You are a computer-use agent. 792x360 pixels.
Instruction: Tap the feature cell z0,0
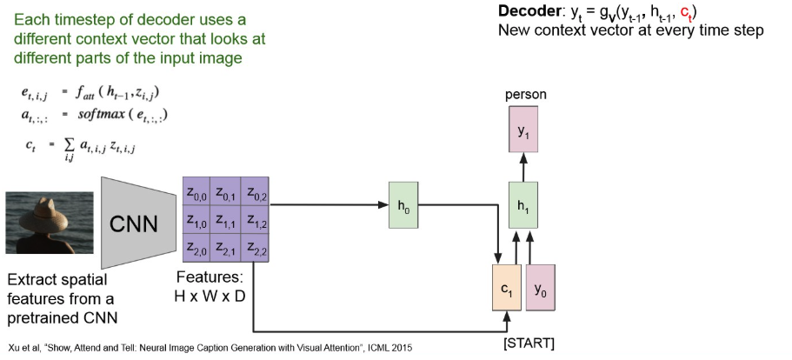coord(196,192)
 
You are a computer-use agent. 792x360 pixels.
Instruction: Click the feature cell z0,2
coord(256,192)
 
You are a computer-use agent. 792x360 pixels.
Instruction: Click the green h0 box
coord(403,206)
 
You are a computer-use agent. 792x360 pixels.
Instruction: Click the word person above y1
coord(525,93)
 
